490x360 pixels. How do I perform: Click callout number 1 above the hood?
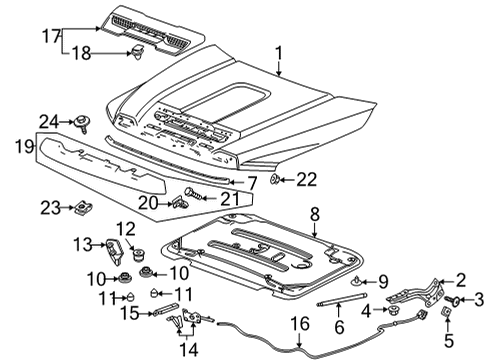point(280,53)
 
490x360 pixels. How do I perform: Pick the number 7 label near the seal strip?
point(252,183)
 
